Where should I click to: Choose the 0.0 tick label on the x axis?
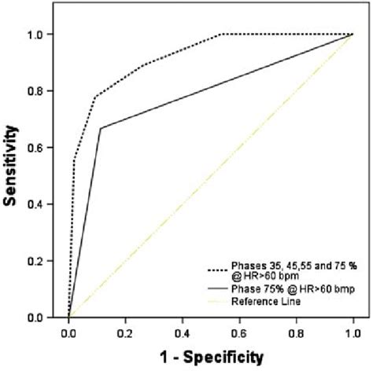(69, 334)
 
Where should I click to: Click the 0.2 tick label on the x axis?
(126, 334)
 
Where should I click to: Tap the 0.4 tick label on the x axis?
(183, 334)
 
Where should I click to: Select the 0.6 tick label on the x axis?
(239, 334)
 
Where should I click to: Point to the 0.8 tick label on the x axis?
(296, 334)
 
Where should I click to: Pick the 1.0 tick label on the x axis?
(353, 334)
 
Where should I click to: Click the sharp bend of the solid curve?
(101, 128)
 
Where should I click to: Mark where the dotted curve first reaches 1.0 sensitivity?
(223, 35)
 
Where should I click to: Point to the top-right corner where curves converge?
(353, 35)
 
